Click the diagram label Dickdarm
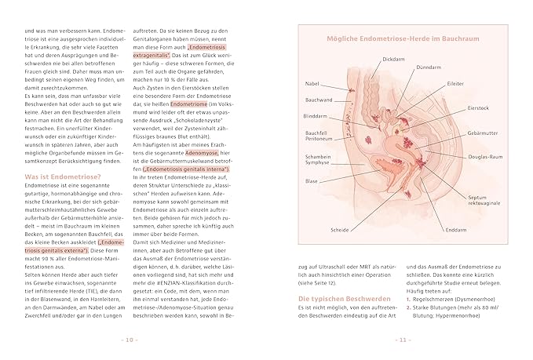click(x=394, y=59)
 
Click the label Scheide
click(x=340, y=231)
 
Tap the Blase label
click(x=312, y=180)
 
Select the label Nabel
click(x=313, y=84)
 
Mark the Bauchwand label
click(x=318, y=100)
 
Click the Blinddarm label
click(x=315, y=115)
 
